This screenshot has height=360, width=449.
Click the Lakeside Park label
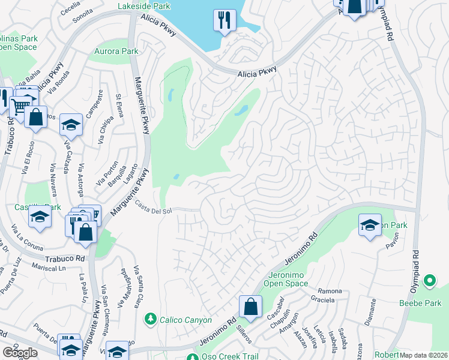[x=144, y=7]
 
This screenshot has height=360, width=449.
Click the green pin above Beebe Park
[x=429, y=280]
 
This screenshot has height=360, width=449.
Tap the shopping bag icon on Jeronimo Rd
[x=250, y=307]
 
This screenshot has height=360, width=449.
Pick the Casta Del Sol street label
[x=153, y=207]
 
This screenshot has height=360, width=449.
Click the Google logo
[x=20, y=352]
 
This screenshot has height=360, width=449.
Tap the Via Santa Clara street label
[x=137, y=287]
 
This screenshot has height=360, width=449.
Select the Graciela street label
[x=323, y=298]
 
